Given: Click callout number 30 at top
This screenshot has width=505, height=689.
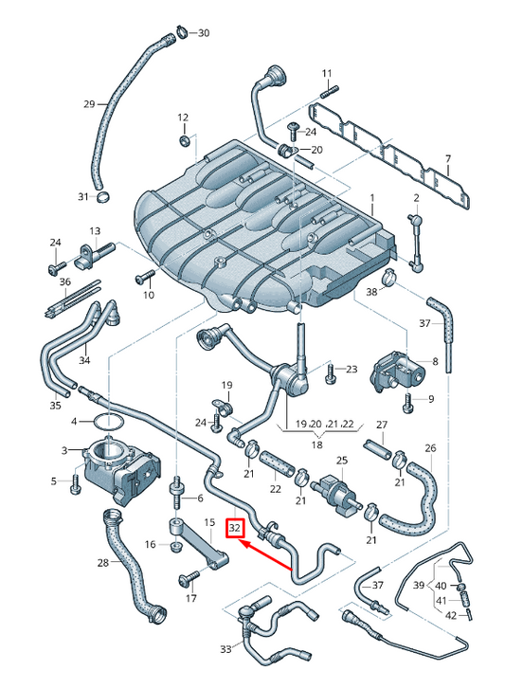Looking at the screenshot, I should [x=204, y=34].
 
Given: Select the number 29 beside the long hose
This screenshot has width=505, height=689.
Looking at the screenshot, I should [x=89, y=103].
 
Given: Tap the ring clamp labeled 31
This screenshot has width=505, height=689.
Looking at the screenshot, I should [x=103, y=196].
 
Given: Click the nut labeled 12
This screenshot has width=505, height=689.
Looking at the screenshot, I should [x=184, y=141].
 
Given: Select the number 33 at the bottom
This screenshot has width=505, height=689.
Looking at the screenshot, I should [x=225, y=650].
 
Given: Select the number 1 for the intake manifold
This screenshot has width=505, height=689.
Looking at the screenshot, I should [x=372, y=199].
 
